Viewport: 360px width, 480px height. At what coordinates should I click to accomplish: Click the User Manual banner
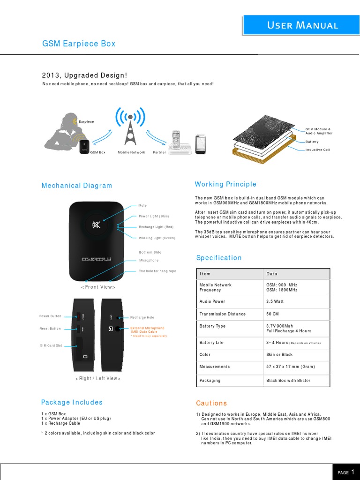302,25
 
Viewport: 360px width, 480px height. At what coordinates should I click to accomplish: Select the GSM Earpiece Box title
79,44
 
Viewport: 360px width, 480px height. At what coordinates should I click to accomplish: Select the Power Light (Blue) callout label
154,216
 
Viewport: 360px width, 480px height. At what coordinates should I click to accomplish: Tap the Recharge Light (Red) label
156,227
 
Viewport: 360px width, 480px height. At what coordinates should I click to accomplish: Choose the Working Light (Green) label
157,238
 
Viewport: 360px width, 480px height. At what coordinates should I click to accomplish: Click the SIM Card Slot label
51,345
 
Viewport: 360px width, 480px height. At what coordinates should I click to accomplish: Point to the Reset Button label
50,329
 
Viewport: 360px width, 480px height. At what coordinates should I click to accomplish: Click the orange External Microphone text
148,328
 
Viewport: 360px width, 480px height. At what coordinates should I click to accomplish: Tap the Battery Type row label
212,326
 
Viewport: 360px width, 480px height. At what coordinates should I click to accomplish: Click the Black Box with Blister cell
288,380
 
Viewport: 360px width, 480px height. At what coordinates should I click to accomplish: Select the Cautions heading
211,403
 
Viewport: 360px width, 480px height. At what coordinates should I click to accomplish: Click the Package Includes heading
72,402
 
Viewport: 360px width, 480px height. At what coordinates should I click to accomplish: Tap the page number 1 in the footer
352,472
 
